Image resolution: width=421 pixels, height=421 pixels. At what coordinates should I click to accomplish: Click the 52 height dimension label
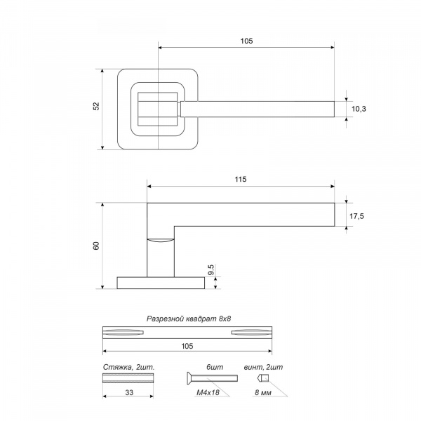click(96, 107)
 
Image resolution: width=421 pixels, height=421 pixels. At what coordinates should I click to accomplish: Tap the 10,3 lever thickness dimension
click(359, 109)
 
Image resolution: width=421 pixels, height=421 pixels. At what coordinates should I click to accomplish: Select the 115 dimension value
click(240, 180)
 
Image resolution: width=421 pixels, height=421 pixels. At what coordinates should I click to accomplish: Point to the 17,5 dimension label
click(356, 216)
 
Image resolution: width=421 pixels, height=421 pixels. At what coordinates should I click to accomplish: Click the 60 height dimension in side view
click(96, 246)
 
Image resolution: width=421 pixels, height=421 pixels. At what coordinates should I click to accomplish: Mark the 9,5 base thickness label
click(211, 269)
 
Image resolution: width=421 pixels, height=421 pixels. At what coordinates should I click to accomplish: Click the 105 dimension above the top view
click(246, 41)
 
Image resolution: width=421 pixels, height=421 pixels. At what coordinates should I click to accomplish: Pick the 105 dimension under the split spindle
click(187, 346)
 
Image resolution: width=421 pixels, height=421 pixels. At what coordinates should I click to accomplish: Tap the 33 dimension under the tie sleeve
click(129, 392)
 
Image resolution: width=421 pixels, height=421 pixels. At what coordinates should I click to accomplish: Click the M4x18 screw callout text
click(208, 392)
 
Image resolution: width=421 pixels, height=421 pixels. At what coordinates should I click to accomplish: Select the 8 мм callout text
click(263, 392)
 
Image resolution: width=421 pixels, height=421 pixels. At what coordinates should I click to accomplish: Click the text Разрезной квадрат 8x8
click(189, 319)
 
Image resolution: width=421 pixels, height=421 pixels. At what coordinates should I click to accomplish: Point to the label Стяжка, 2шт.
click(129, 367)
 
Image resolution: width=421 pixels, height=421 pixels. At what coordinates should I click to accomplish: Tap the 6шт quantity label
click(215, 367)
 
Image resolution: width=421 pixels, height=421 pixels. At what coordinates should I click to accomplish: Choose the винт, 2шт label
click(263, 367)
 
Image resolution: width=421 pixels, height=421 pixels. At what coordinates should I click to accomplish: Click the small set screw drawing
click(262, 378)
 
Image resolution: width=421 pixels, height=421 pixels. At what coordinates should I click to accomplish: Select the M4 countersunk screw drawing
click(212, 378)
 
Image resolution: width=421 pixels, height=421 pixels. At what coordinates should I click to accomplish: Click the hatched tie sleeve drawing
click(128, 378)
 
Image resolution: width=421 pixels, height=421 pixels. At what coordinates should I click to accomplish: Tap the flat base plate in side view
click(161, 283)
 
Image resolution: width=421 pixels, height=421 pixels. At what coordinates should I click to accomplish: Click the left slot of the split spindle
click(123, 333)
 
